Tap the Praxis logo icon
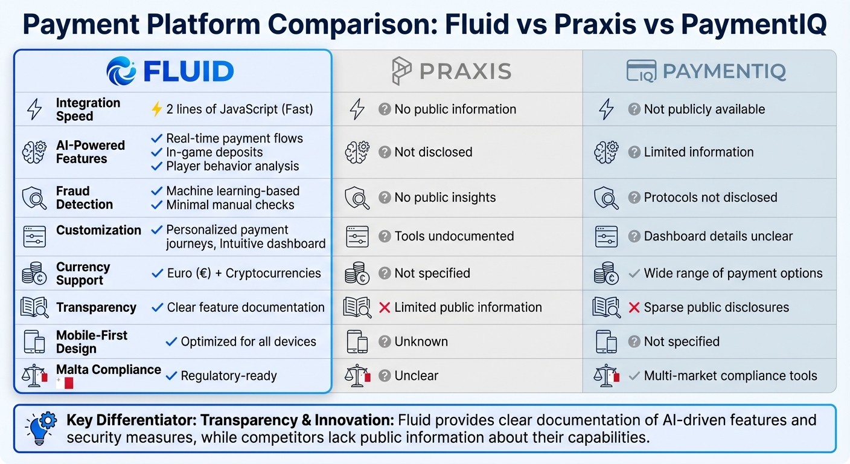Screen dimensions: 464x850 pyautogui.click(x=402, y=71)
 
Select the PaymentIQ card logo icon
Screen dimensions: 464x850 pyautogui.click(x=641, y=71)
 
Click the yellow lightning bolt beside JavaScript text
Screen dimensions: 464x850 pyautogui.click(x=156, y=109)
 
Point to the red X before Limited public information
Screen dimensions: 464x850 pyautogui.click(x=385, y=308)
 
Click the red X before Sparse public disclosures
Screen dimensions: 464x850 pyautogui.click(x=634, y=308)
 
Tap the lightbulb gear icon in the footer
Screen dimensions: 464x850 pyautogui.click(x=41, y=428)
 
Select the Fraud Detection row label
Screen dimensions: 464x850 pyautogui.click(x=85, y=198)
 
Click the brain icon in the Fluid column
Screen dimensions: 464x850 pyautogui.click(x=34, y=152)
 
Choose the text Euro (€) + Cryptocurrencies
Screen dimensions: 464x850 pyautogui.click(x=244, y=274)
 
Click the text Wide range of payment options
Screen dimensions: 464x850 pyautogui.click(x=733, y=274)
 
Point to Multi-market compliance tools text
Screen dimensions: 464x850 pyautogui.click(x=730, y=376)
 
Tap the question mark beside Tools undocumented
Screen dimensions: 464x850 pyautogui.click(x=385, y=236)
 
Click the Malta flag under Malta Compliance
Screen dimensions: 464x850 pyautogui.click(x=65, y=383)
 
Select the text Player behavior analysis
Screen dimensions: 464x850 pyautogui.click(x=232, y=166)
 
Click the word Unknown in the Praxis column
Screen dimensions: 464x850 pyautogui.click(x=421, y=342)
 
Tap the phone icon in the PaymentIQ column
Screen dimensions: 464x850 pyautogui.click(x=606, y=342)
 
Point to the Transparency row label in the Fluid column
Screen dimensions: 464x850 pyautogui.click(x=96, y=308)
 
